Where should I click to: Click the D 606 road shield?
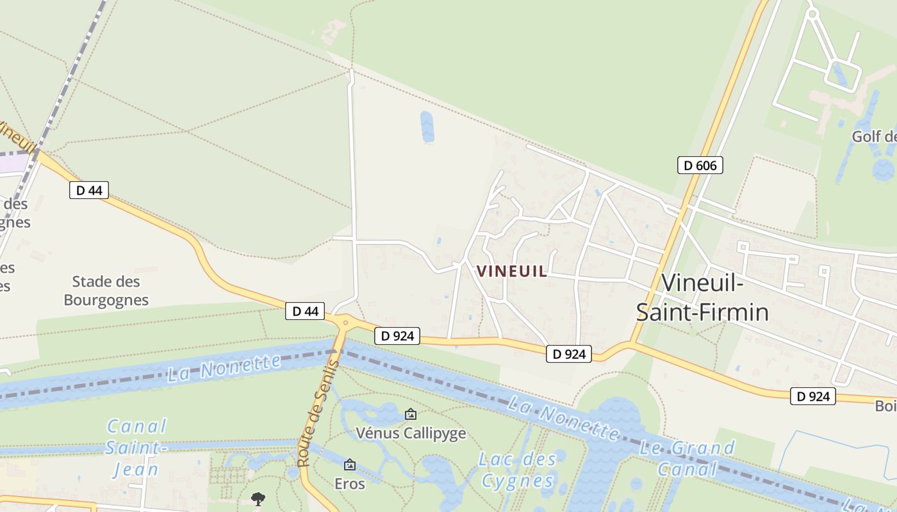point(700,165)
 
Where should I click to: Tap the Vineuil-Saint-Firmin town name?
point(702,297)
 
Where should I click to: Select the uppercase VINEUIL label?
point(512,271)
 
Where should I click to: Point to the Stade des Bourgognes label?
point(106,291)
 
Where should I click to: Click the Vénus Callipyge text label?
point(411,433)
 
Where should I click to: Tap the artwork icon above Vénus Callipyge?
point(411,415)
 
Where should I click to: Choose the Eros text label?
point(350,484)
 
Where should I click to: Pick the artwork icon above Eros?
point(350,465)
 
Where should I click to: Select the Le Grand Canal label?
point(687,458)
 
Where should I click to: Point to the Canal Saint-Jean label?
point(136,448)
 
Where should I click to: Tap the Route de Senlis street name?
point(318,413)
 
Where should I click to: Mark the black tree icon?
point(258,498)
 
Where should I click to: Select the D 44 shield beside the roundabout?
point(305,311)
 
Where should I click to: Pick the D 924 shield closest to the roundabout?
point(397,335)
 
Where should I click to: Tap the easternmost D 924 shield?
point(813,396)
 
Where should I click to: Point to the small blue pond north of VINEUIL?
point(427,126)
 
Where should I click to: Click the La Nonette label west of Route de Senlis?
point(224,369)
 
